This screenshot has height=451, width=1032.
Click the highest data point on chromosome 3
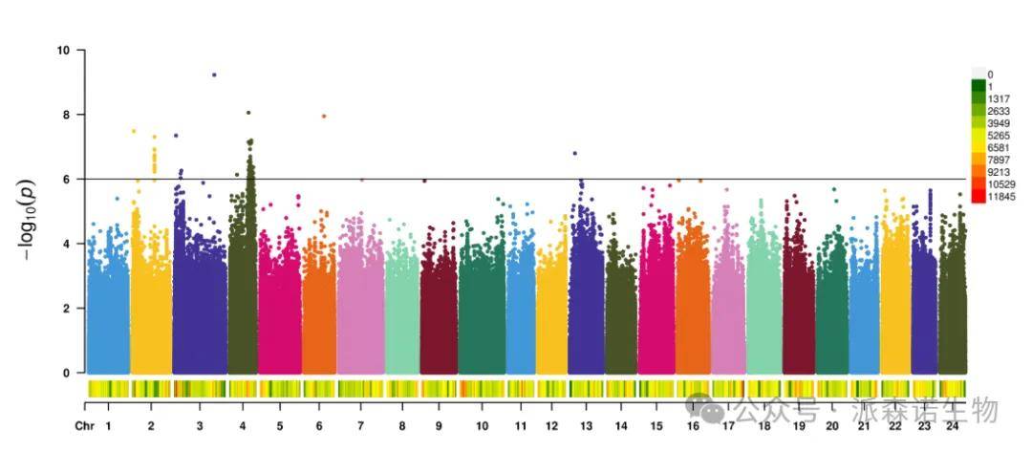[x=214, y=75]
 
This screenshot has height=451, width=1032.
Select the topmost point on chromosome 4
[x=248, y=113]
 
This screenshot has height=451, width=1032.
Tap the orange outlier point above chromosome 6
[x=324, y=116]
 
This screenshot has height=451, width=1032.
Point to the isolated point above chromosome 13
[x=574, y=153]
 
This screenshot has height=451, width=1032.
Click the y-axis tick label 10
[x=63, y=50]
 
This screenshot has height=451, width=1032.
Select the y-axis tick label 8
[x=66, y=115]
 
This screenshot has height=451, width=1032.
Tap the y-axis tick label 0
[x=66, y=373]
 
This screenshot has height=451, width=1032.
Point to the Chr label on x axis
[x=85, y=425]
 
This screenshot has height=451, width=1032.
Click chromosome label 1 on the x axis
[x=109, y=425]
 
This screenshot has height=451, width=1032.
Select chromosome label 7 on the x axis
[x=360, y=425]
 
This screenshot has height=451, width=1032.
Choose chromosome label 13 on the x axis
[x=585, y=425]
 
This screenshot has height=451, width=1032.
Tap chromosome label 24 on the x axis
[x=952, y=425]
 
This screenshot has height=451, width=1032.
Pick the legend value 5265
[x=999, y=136]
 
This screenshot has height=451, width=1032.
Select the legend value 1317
[x=999, y=99]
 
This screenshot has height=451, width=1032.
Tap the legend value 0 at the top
[x=990, y=75]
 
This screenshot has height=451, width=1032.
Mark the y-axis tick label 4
[x=66, y=244]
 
